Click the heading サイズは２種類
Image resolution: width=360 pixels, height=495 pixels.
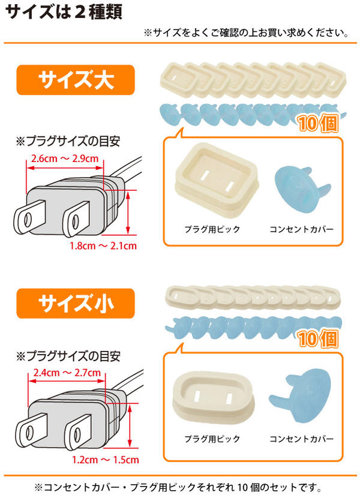pyautogui.click(x=64, y=13)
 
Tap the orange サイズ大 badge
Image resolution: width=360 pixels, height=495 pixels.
pyautogui.click(x=76, y=80)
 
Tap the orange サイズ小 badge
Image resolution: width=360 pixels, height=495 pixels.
pyautogui.click(x=76, y=303)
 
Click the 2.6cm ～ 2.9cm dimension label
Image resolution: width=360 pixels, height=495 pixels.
pyautogui.click(x=65, y=158)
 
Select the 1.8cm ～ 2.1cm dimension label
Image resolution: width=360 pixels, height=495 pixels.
pyautogui.click(x=103, y=245)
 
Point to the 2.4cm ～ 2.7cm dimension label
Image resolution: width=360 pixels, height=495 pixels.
pyautogui.click(x=67, y=373)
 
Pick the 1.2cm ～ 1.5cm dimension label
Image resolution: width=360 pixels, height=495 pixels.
pyautogui.click(x=106, y=460)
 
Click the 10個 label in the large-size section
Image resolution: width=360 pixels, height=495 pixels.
pyautogui.click(x=317, y=124)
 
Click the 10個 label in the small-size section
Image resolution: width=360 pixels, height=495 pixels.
pyautogui.click(x=317, y=339)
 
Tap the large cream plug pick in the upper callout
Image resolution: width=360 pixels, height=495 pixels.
pyautogui.click(x=217, y=179)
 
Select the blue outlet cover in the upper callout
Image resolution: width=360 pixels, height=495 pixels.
pyautogui.click(x=302, y=189)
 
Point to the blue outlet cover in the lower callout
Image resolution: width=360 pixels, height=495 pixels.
pyautogui.click(x=300, y=395)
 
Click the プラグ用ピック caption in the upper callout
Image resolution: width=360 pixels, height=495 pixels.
pyautogui.click(x=212, y=229)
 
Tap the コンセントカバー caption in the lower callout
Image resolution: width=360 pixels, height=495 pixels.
pyautogui.click(x=301, y=439)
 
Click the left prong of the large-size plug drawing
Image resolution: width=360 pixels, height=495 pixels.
pyautogui.click(x=29, y=217)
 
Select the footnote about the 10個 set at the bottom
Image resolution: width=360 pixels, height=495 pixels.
pyautogui.click(x=178, y=487)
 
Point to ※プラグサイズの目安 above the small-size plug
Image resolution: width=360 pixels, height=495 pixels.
pyautogui.click(x=68, y=356)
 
